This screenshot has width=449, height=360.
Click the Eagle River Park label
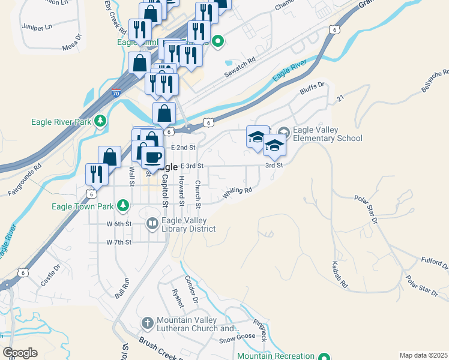point(61,122)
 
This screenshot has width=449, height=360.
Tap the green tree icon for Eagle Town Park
point(123,206)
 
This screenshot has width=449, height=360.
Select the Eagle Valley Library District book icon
point(152,224)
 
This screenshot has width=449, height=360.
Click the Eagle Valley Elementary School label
point(327,134)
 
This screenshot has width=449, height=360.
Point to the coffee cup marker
point(153,157)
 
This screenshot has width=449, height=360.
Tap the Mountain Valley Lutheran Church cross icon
point(148,324)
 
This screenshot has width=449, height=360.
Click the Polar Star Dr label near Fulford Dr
point(421,286)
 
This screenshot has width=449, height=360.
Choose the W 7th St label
point(119,242)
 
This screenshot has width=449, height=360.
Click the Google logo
point(20,353)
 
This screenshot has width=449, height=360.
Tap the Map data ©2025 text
point(423,355)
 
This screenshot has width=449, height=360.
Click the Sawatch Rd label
point(240,68)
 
